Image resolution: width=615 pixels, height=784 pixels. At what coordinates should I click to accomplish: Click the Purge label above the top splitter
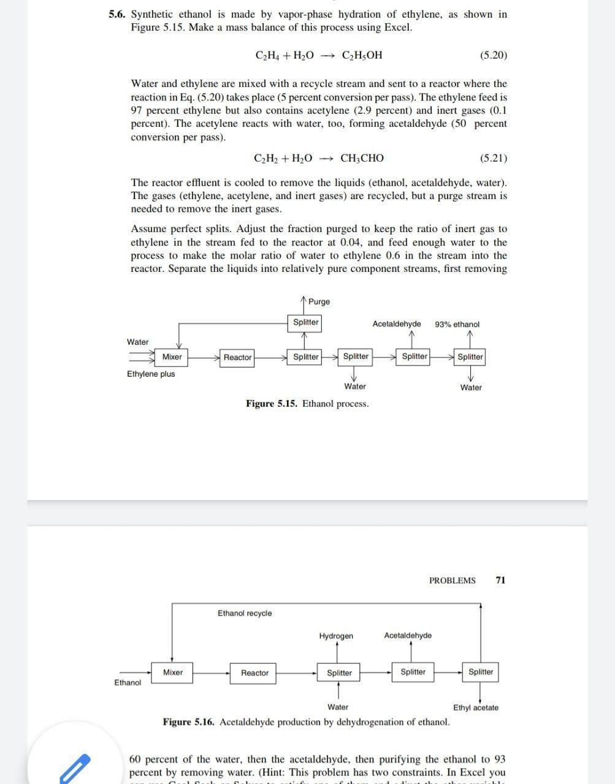coord(319,301)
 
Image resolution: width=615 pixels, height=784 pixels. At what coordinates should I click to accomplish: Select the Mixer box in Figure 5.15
coord(172,356)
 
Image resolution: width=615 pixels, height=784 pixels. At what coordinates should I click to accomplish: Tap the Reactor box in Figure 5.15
coord(237,357)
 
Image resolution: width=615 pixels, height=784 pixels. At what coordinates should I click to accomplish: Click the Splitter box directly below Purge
coord(305,322)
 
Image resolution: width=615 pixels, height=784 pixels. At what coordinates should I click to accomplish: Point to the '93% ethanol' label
coord(457,324)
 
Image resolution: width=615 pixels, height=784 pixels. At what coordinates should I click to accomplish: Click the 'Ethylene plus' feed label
coord(151,374)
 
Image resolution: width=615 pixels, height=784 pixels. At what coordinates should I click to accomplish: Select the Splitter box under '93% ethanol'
coord(470,356)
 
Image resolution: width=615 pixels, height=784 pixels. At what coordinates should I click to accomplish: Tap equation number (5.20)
coord(493,55)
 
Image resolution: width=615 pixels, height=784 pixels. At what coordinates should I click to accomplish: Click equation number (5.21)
coord(493,158)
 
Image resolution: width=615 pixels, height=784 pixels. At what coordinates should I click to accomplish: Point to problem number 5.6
coord(117,14)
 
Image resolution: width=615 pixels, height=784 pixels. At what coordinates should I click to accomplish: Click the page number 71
coord(500,580)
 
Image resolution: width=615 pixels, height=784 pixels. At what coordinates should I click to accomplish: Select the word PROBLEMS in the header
coord(452,580)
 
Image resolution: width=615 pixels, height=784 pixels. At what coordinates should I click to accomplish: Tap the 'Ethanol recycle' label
coord(245,613)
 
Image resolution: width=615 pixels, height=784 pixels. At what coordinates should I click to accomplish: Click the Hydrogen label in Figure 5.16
coord(336,636)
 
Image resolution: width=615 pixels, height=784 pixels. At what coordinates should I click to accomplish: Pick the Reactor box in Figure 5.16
coord(254,673)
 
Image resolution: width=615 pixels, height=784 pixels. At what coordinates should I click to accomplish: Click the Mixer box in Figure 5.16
coord(172,672)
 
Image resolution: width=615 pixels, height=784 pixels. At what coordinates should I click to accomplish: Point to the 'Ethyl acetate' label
coord(476,707)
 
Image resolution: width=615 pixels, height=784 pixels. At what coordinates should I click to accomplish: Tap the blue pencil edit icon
coord(74,769)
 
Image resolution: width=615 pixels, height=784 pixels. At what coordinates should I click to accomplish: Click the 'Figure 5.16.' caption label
coord(188,722)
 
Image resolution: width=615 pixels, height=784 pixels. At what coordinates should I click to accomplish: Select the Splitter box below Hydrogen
coord(339,673)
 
